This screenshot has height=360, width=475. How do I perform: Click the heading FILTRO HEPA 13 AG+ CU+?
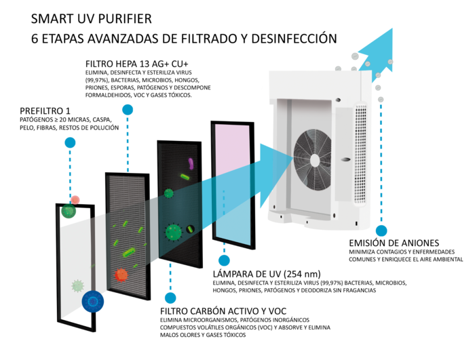(136, 62)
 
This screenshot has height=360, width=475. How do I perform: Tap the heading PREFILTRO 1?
(45, 111)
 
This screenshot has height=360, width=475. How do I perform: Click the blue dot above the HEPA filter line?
(126, 110)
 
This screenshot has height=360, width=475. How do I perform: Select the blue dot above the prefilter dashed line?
(70, 143)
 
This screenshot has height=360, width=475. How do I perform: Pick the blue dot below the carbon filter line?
(170, 297)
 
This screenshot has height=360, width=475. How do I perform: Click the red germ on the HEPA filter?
(121, 275)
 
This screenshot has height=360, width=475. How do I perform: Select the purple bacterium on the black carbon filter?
(191, 163)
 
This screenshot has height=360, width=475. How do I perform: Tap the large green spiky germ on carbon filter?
(174, 233)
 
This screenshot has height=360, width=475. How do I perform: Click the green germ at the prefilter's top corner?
(69, 211)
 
